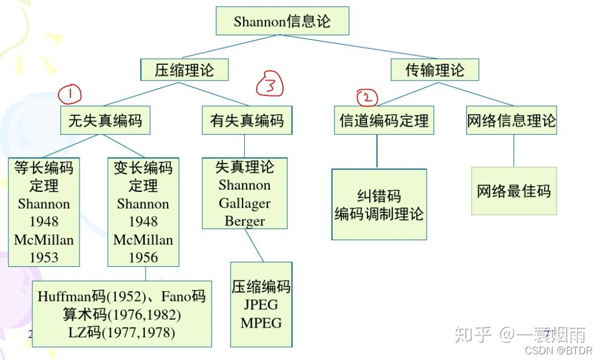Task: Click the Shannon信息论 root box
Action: coord(282,22)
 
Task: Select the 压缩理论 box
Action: coord(184,70)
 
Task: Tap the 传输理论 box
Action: coord(435,70)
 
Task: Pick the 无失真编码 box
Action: coord(105,121)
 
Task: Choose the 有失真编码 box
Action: coord(247,121)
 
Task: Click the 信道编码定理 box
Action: coord(384,121)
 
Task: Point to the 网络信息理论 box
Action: coord(511,121)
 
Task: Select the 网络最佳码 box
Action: coord(514,191)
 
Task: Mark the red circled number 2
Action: coord(368,98)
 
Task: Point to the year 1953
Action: coord(44,257)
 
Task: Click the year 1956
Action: coord(143,257)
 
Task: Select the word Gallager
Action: coord(245,203)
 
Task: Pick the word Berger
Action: coord(245,221)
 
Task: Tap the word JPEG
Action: coord(261,305)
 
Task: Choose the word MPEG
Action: coord(261,323)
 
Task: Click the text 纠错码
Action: coord(379,196)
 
